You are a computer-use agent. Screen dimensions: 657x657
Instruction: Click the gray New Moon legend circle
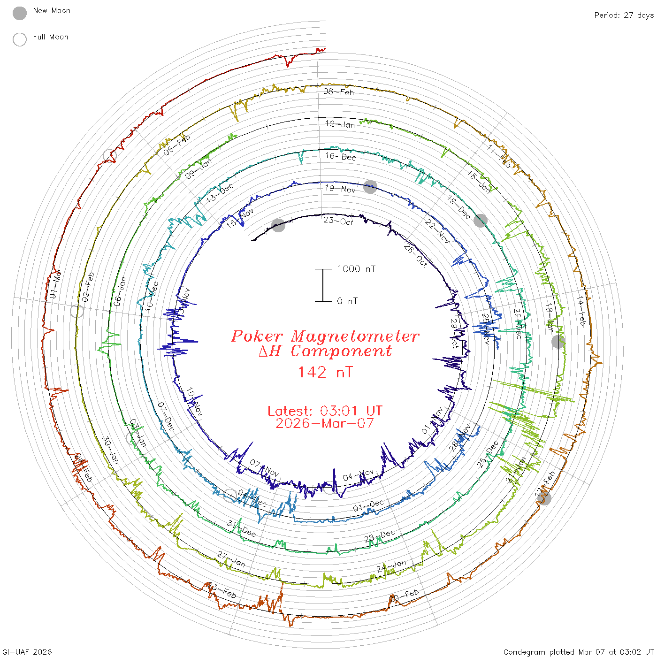20,13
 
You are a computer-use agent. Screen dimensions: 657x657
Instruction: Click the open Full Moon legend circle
20,39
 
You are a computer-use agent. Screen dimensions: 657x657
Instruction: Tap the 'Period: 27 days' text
624,15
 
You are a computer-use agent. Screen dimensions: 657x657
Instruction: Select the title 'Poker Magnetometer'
325,336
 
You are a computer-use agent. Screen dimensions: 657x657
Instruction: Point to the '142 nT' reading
325,372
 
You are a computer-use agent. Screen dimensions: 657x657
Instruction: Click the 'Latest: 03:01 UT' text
325,411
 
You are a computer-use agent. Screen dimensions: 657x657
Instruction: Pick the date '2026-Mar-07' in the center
325,423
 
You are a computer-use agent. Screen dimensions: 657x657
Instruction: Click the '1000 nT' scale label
357,269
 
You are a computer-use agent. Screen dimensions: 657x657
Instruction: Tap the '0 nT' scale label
347,301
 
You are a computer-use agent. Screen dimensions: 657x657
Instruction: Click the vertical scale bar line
323,285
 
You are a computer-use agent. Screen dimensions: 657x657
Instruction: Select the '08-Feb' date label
338,92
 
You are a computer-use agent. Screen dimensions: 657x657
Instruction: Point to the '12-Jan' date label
340,124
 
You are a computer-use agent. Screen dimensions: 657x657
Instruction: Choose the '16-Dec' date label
341,157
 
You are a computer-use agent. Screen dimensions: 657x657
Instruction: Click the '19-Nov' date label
340,189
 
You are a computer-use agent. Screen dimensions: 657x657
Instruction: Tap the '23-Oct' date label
338,221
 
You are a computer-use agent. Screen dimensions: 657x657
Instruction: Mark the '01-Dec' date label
368,506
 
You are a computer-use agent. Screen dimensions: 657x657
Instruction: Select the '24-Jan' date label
391,566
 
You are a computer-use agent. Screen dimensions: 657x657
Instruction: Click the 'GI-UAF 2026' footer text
27,652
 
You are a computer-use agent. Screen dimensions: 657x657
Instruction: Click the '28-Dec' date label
380,536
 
